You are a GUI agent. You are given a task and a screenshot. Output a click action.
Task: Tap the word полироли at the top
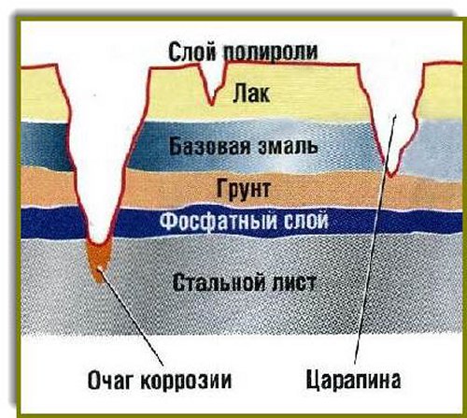(x=270, y=53)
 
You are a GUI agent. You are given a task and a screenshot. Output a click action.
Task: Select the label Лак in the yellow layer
(x=251, y=93)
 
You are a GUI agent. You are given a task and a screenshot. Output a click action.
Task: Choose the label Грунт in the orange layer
(x=243, y=188)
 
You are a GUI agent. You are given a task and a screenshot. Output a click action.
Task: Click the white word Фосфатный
(x=219, y=221)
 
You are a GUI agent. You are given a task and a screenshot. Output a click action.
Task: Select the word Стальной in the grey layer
(x=219, y=282)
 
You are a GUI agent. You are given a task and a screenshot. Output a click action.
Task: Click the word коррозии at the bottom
(x=186, y=381)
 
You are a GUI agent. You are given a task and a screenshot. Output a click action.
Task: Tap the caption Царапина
(x=353, y=380)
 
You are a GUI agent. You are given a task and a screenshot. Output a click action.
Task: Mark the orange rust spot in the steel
(x=98, y=260)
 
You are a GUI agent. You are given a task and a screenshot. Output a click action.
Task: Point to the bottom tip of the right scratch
(x=391, y=176)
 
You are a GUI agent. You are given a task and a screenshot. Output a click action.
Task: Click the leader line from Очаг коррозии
(x=131, y=316)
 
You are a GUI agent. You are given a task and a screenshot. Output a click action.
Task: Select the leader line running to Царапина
(x=375, y=239)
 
